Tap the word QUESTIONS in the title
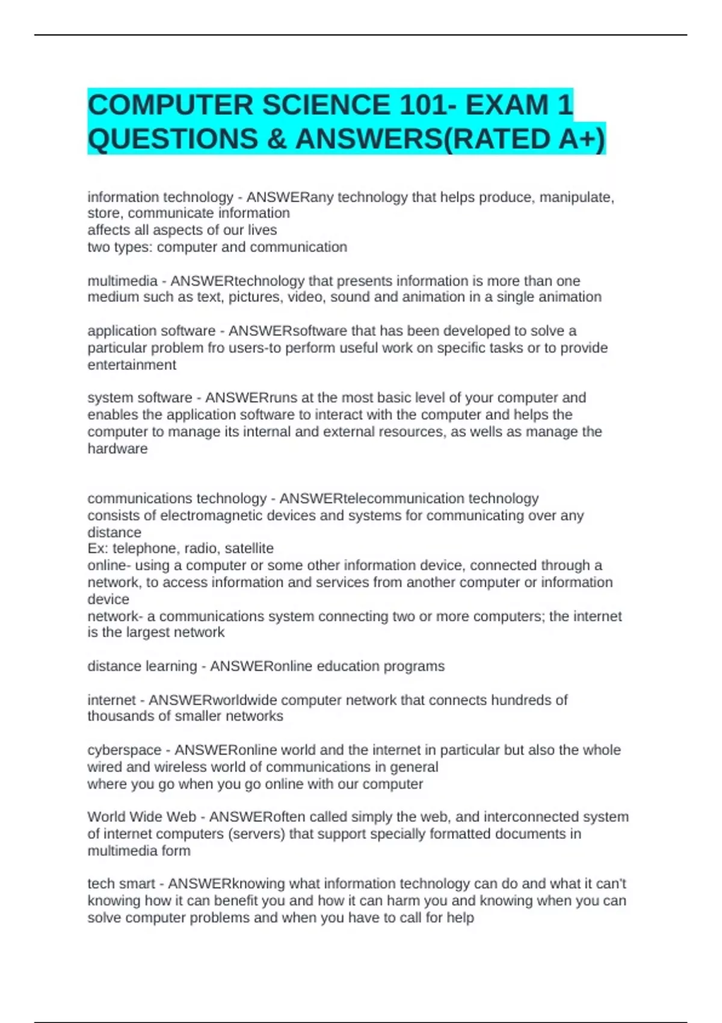173,139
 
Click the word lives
262,230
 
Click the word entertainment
132,365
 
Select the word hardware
117,449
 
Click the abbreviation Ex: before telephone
97,548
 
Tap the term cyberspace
125,750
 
